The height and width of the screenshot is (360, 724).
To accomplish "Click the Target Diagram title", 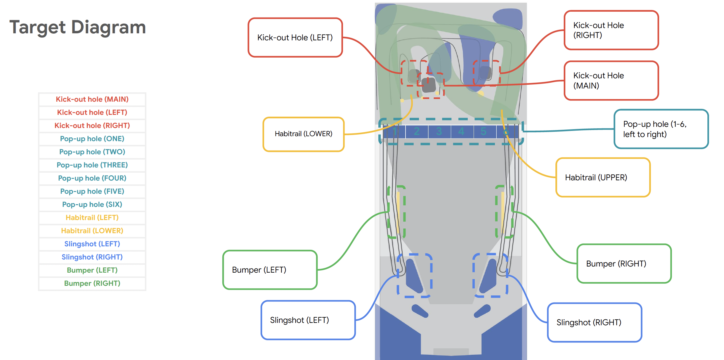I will [x=77, y=27].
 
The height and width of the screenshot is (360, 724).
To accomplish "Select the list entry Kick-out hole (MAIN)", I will [x=92, y=99].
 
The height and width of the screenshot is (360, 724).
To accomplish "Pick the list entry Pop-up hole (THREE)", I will [x=92, y=165].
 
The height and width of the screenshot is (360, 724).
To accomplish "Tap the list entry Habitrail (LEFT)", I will [x=92, y=218].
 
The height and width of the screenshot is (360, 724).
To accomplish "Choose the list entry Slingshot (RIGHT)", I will [x=92, y=257].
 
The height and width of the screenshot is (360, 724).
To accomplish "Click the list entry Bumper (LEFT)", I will [x=92, y=270].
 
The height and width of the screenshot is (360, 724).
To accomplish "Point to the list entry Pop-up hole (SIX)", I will [x=92, y=205].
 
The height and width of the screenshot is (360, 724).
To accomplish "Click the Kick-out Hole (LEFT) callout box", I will [x=295, y=37].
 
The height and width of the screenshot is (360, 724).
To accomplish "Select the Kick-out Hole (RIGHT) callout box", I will [x=611, y=30].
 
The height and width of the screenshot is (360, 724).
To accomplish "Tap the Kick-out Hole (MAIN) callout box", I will [x=611, y=81].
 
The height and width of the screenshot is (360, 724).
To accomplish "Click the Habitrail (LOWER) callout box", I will [x=303, y=134].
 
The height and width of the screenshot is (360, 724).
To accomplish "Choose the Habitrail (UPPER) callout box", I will [x=603, y=177].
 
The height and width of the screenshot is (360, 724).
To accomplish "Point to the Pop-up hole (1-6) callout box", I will [x=661, y=129].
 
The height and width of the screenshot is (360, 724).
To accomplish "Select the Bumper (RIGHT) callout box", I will [x=624, y=264].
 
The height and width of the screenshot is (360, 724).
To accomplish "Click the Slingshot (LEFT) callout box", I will [x=308, y=320].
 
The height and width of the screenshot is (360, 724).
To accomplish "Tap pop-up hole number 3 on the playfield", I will [x=439, y=131].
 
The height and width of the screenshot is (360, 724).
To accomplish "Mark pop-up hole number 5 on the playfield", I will [x=484, y=131].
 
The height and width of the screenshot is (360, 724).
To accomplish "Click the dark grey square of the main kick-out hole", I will [x=429, y=85].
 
